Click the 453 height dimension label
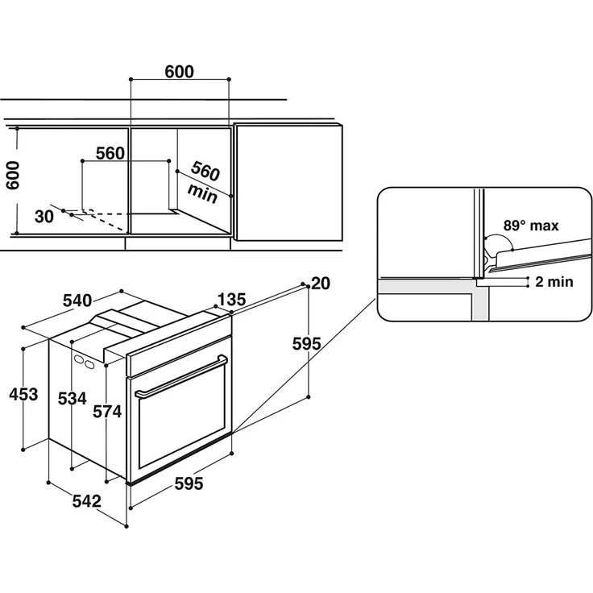click(x=23, y=394)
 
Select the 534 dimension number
click(x=72, y=398)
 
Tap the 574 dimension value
click(x=107, y=412)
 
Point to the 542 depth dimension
click(x=86, y=501)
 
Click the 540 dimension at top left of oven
click(x=77, y=301)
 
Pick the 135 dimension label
click(x=231, y=299)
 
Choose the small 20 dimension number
click(x=321, y=284)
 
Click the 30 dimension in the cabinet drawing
click(x=44, y=217)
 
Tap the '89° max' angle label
click(x=531, y=226)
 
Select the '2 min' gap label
click(x=554, y=282)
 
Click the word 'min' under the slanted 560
click(x=203, y=193)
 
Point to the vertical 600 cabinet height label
click(x=12, y=175)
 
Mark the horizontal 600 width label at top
click(x=179, y=72)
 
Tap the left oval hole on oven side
click(x=79, y=359)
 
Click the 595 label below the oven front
click(x=189, y=483)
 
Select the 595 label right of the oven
click(x=307, y=343)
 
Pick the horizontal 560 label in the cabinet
click(x=110, y=153)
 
